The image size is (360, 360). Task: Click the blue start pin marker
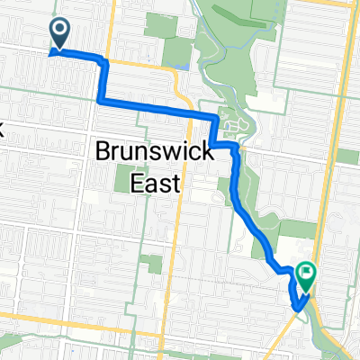click(60, 34)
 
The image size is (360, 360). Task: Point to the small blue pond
click(184, 64)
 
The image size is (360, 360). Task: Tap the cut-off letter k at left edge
click(3, 129)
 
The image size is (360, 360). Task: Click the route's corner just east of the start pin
click(104, 60)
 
